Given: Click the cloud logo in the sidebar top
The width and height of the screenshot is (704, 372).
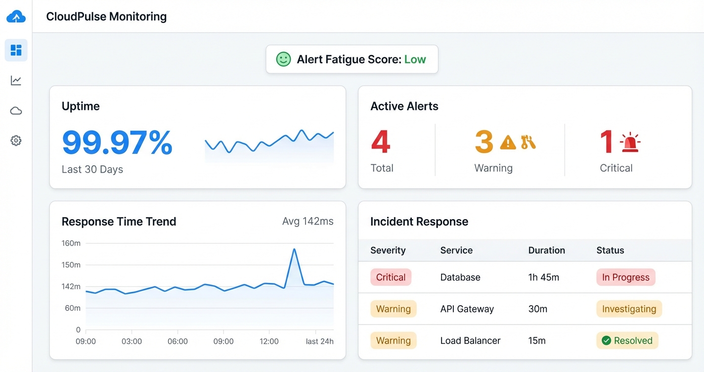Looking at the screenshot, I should tap(16, 17).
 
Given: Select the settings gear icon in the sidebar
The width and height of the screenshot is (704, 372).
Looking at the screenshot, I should tap(16, 140).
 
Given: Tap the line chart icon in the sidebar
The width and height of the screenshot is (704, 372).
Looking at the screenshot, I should tap(16, 80).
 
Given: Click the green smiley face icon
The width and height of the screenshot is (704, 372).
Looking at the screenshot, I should tap(283, 59).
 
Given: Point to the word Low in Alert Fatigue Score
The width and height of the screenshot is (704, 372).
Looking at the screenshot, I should tap(415, 59).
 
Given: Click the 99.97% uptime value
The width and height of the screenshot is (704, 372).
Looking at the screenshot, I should tap(117, 142).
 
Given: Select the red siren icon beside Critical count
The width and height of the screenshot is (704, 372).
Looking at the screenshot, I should tap(630, 142).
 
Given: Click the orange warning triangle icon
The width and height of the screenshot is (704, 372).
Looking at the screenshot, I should tap(508, 142).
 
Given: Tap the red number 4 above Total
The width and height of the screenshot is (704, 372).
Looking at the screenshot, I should tap(381, 141).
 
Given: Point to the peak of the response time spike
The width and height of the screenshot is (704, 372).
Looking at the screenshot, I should tap(294, 249).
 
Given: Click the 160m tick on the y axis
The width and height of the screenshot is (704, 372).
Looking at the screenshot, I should tap(71, 243).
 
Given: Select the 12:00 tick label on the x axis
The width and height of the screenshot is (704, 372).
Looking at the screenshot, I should tap(269, 341).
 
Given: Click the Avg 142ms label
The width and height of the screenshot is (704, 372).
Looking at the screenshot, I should tap(308, 221).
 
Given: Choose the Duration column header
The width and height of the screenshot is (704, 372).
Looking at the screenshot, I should tap(546, 250).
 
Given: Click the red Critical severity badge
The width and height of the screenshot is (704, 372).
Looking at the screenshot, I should tap(391, 277).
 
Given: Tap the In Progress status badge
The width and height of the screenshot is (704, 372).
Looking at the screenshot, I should tap(625, 277).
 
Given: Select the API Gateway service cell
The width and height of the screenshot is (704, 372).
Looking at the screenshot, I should tap(467, 309).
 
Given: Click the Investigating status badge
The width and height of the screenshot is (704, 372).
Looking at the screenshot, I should tap(629, 309).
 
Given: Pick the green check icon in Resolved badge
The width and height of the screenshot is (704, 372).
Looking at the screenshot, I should tap(606, 340).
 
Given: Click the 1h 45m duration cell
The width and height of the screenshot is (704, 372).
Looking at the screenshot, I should tap(543, 277).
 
